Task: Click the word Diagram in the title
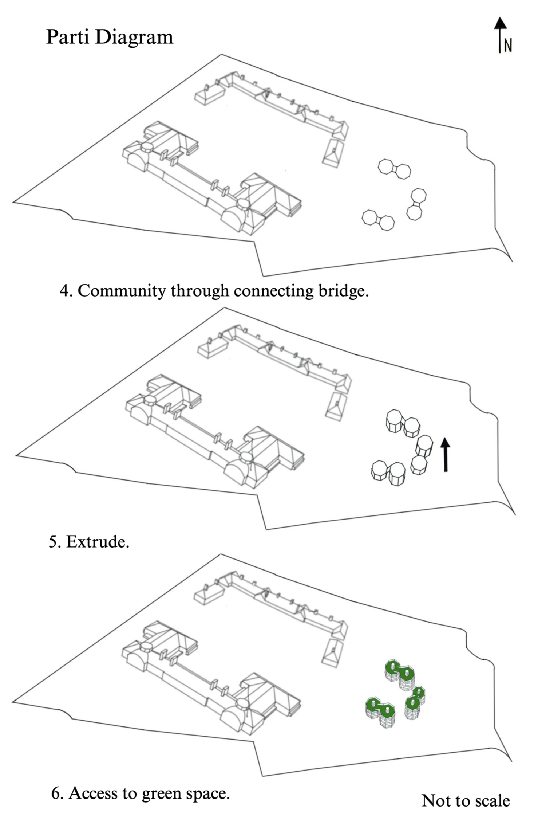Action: tap(134, 37)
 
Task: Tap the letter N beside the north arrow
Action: tap(508, 46)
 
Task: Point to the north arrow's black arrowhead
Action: tap(500, 23)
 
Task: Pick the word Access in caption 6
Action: tap(92, 793)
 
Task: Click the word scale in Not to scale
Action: tap(491, 801)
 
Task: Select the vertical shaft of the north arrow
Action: tap(500, 42)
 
